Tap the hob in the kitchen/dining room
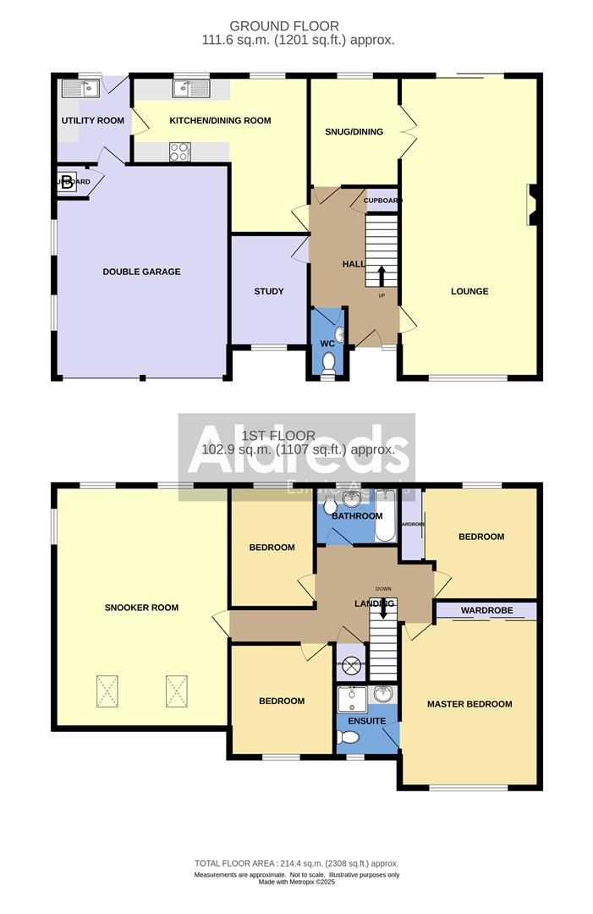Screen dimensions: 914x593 pos(180,151)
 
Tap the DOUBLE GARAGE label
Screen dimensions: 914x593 pos(141,272)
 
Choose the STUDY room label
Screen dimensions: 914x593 pos(269,291)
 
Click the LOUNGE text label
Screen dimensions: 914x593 pos(469,291)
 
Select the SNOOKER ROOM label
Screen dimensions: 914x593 pos(141,608)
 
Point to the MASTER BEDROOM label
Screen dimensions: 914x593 pos(469,704)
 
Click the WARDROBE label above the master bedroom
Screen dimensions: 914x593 pos(485,610)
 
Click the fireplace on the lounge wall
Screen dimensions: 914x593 pos(532,206)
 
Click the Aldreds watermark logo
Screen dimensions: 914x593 pos(296,457)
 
